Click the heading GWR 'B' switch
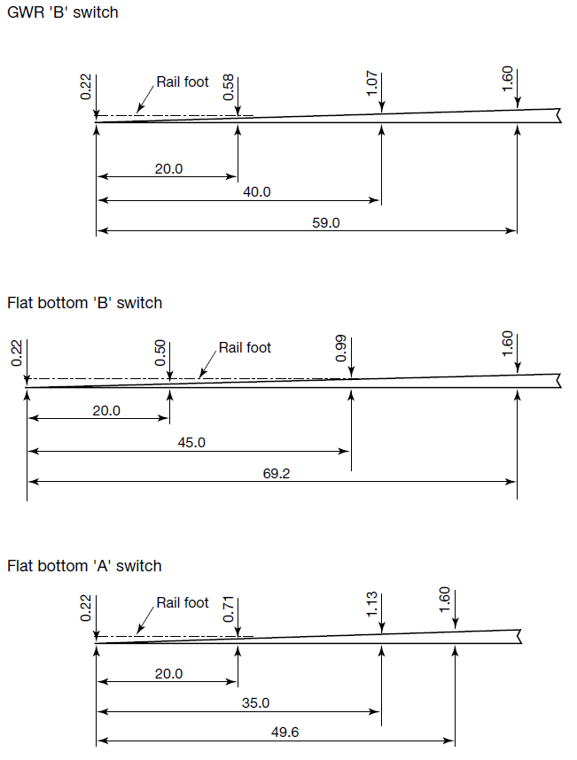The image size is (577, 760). click(x=62, y=12)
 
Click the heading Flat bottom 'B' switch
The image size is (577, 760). click(x=84, y=303)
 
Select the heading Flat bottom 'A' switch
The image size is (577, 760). click(x=84, y=566)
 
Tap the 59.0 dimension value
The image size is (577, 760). click(x=325, y=223)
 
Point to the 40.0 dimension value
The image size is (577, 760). click(x=257, y=192)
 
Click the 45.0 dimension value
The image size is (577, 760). click(x=191, y=442)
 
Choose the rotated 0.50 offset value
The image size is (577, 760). click(x=160, y=352)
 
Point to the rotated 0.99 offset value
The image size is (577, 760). click(x=342, y=348)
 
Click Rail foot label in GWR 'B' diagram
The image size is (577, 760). click(x=183, y=81)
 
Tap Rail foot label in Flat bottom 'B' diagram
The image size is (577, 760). click(x=245, y=347)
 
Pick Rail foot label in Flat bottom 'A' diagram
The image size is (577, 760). click(x=183, y=602)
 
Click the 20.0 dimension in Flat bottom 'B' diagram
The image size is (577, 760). click(x=105, y=411)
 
